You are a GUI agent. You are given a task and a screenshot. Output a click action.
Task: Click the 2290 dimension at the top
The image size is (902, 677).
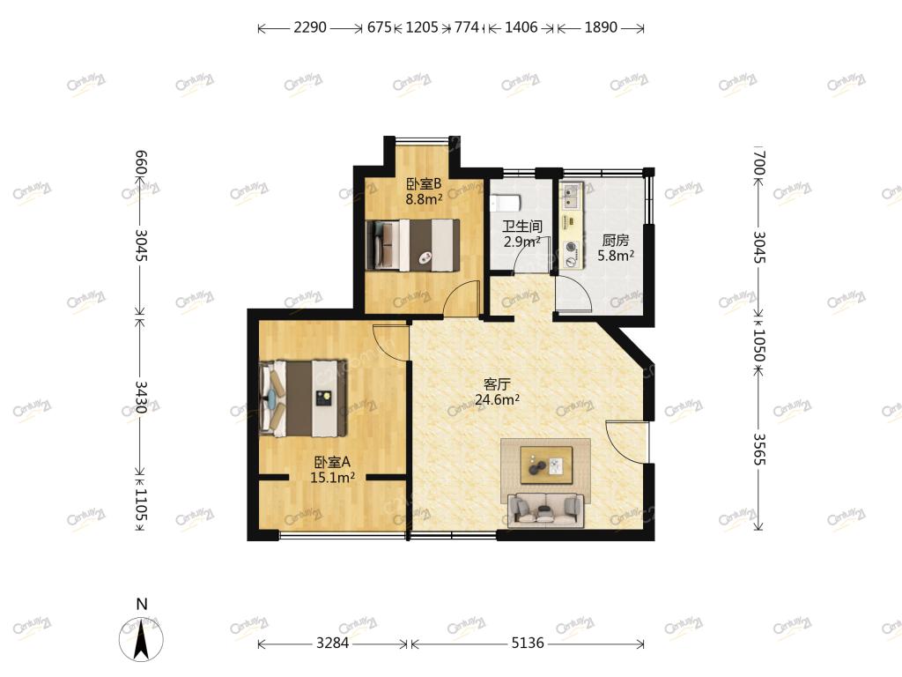tap(310, 27)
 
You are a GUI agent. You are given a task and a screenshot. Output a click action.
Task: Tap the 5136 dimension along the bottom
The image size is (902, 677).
tap(528, 643)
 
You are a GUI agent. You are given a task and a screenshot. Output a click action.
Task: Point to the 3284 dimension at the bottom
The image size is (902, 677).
tap(332, 643)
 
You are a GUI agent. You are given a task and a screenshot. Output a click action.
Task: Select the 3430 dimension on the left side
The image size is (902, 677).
tap(141, 398)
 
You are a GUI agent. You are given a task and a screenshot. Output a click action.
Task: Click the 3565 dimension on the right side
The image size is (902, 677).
tap(759, 449)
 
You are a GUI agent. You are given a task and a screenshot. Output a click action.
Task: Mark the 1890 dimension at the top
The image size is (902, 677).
tap(601, 27)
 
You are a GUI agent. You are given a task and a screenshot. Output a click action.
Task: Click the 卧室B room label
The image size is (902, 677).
tap(424, 184)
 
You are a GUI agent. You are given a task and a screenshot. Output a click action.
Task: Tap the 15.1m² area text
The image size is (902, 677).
tap(332, 477)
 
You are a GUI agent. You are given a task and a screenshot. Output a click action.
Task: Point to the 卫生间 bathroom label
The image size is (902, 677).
tap(521, 227)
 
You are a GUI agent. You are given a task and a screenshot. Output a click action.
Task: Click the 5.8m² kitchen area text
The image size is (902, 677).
tap(616, 256)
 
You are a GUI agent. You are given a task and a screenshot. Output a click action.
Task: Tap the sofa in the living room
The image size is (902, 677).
tap(545, 510)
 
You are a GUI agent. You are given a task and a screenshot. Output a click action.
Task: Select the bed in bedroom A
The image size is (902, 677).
tap(303, 398)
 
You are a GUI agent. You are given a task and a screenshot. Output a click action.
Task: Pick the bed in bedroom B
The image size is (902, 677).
tap(413, 245)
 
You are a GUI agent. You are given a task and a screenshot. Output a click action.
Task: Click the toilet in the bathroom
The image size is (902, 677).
tap(506, 202)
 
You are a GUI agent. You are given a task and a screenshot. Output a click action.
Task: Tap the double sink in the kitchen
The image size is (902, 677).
tap(571, 195)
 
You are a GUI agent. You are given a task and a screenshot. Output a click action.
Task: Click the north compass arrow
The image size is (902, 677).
tap(141, 638)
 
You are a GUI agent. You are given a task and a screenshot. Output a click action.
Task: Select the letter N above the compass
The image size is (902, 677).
tap(142, 604)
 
